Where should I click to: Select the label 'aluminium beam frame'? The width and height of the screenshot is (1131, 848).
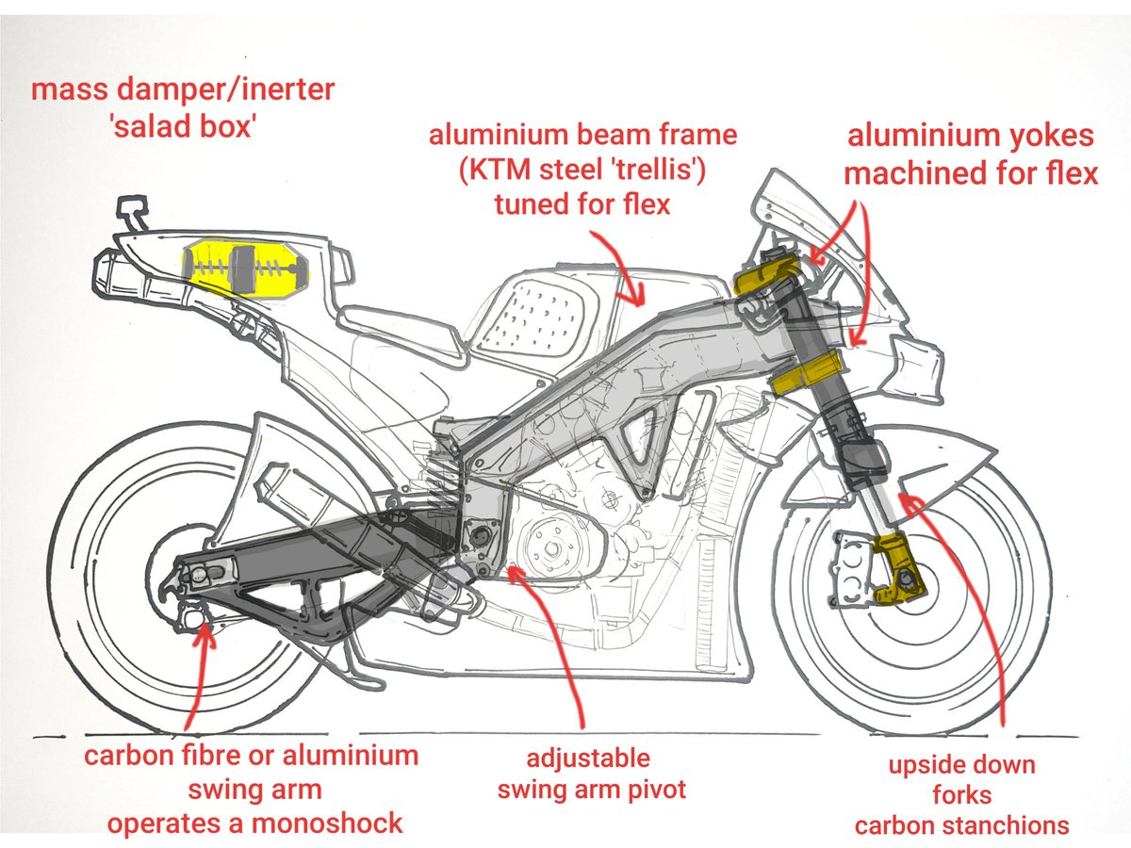(583, 136)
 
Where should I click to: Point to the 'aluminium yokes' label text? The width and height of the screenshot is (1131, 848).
(971, 136)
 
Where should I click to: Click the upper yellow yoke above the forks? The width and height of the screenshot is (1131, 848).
(764, 276)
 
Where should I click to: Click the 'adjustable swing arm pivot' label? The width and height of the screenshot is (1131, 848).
(591, 774)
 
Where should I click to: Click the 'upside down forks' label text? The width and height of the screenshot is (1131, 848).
(961, 780)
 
